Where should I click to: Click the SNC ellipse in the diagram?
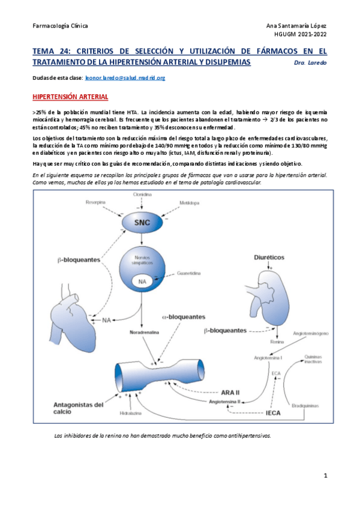coord(142,222)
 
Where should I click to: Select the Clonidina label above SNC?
coord(142,196)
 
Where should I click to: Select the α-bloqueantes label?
coord(183,316)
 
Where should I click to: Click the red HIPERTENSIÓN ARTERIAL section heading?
coord(70,97)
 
